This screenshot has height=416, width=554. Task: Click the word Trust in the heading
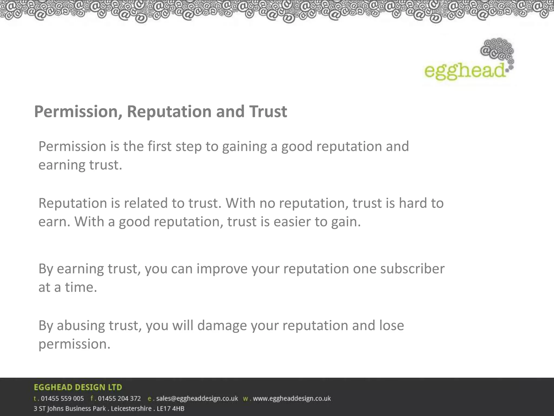(268, 112)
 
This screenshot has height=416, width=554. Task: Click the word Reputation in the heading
(169, 112)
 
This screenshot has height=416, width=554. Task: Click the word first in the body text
(159, 146)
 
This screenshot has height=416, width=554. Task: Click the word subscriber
(412, 269)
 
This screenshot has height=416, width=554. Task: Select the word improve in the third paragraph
(222, 269)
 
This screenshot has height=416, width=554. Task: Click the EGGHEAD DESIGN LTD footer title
(78, 387)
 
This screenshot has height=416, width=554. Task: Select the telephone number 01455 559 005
(62, 399)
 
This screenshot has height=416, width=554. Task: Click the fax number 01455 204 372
(119, 399)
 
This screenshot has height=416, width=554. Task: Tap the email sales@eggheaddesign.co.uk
(197, 399)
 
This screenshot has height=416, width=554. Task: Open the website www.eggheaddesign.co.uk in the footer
(292, 399)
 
